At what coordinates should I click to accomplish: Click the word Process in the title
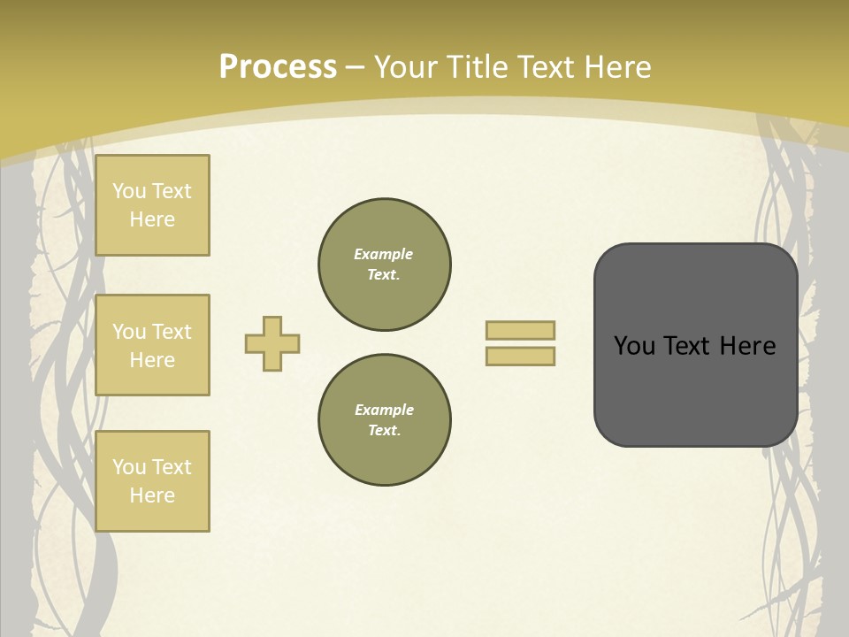(278, 67)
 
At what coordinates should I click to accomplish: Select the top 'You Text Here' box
(152, 205)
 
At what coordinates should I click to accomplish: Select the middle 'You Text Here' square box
(152, 345)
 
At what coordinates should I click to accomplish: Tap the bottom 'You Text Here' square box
(152, 481)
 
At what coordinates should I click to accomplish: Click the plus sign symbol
(272, 343)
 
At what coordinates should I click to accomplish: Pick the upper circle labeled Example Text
(385, 265)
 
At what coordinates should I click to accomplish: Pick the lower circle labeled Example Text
(385, 420)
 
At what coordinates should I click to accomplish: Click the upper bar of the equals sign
(520, 330)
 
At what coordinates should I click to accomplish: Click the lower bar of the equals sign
(520, 356)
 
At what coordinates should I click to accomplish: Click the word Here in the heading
(616, 67)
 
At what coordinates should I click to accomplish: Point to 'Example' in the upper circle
(383, 254)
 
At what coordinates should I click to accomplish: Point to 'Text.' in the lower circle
(384, 431)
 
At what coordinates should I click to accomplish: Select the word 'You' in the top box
(129, 191)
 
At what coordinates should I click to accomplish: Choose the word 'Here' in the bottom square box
(152, 495)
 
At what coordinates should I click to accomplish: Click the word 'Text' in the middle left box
(172, 332)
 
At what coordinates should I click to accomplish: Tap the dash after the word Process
(355, 67)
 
